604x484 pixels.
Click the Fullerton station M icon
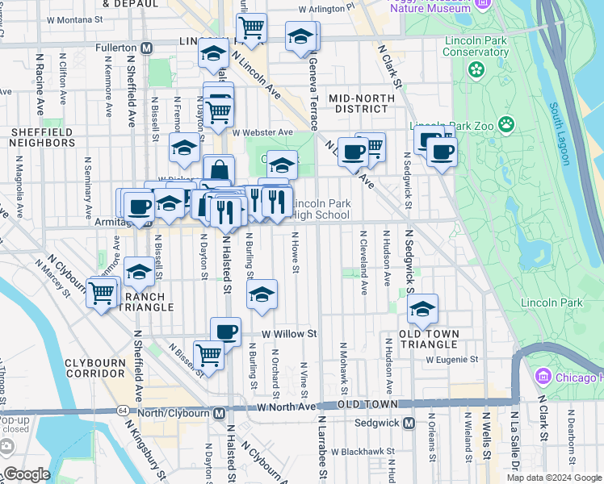coord(147,48)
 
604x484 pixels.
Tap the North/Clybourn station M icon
coord(219,413)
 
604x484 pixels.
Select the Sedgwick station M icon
coord(409,423)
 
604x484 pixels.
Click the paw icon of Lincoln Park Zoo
coord(506,124)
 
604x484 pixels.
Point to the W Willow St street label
coord(288,332)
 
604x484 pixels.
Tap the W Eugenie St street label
coord(452,360)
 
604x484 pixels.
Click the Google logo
coord(27,474)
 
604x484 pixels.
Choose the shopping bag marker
coord(219,171)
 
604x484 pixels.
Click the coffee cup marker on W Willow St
coord(225,331)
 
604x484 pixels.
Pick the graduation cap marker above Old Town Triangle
coord(422,309)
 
